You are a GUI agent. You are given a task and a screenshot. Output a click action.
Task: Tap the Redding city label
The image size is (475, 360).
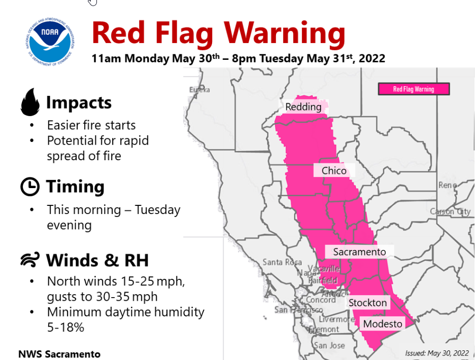click(x=303, y=107)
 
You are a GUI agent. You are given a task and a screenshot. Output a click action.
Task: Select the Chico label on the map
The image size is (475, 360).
click(x=334, y=171)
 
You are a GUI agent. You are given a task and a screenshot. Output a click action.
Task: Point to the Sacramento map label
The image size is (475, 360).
click(x=359, y=252)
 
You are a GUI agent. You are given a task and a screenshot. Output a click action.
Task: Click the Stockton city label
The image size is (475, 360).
click(x=367, y=303)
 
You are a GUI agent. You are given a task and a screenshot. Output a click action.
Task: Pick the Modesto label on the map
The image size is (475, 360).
click(x=382, y=324)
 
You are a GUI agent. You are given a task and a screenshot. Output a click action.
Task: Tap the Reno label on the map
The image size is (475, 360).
click(x=448, y=186)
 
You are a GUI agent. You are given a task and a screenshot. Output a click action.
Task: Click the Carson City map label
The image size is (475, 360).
click(x=450, y=211)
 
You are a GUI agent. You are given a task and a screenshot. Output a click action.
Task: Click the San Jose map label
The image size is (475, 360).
click(x=329, y=345)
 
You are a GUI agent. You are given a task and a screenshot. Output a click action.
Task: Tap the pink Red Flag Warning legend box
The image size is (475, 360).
click(x=414, y=89)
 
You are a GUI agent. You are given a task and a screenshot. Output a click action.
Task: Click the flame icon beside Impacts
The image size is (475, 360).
click(x=30, y=102)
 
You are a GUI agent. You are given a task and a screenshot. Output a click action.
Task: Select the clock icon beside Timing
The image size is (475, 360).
click(x=30, y=187)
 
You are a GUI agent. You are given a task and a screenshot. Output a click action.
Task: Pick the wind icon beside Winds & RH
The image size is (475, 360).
click(x=30, y=261)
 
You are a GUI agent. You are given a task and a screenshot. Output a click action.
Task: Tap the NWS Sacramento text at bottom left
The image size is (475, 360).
click(x=59, y=354)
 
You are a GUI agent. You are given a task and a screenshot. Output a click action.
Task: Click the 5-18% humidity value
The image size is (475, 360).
click(x=65, y=328)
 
